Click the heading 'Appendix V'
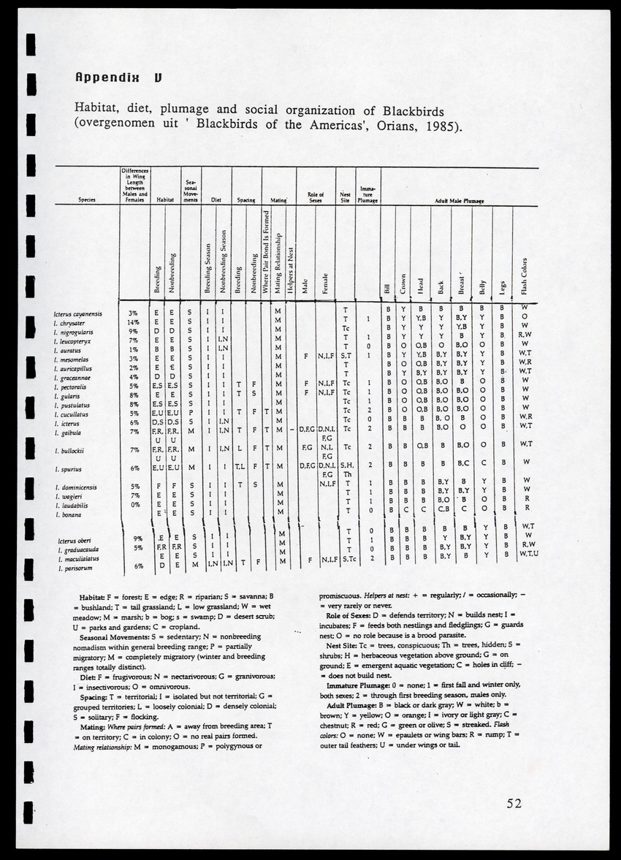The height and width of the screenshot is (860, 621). coord(118,77)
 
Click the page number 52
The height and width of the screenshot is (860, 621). coord(514,804)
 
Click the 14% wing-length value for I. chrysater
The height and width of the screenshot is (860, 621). coord(133,322)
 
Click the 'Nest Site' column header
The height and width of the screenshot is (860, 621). coord(346,197)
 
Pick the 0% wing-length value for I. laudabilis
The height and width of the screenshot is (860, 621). coord(134,504)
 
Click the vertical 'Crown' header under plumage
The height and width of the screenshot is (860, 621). coord(403,283)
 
